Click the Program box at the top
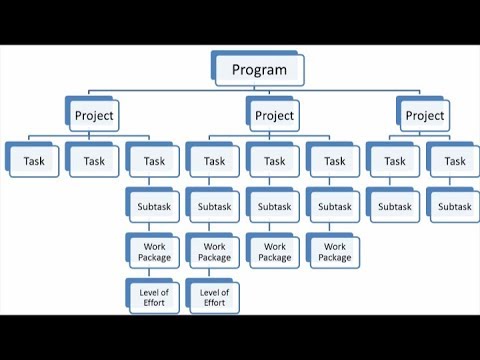point(258,69)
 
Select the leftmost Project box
point(94,115)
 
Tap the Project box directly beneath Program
point(274,115)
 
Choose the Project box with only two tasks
point(424,115)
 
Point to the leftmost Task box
point(34,160)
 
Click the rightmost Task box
point(454,160)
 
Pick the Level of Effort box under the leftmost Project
point(154,297)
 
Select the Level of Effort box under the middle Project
point(214,297)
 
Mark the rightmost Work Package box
point(334,251)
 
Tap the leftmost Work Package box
point(154,251)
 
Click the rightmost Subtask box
point(454,206)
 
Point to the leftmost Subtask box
point(154,206)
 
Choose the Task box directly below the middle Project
point(274,160)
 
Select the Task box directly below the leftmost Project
point(94,160)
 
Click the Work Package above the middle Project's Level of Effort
point(214,251)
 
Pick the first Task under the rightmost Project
point(394,160)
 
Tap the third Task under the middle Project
point(334,160)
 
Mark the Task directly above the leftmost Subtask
point(154,160)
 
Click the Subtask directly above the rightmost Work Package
point(334,206)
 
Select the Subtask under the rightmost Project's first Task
point(394,206)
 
